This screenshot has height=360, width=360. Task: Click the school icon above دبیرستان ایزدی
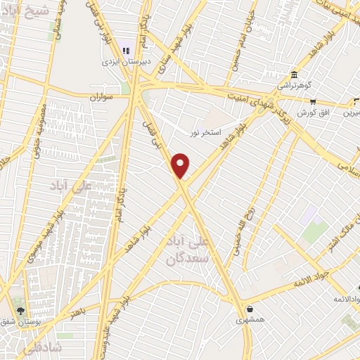pos(127,49)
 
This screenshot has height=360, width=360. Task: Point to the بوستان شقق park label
pos(39,321)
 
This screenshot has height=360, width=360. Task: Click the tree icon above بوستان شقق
pos(20,310)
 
